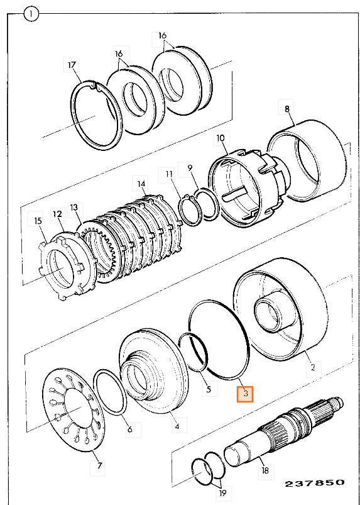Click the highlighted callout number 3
tap(245, 394)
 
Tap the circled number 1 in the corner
tap(31, 14)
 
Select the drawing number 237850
tap(314, 482)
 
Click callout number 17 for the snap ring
tap(72, 65)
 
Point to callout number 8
tap(286, 109)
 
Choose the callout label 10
tap(221, 138)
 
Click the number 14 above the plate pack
tap(141, 184)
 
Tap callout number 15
tap(38, 221)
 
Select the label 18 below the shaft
tap(265, 470)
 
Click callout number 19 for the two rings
tap(222, 492)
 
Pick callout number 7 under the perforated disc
tap(99, 465)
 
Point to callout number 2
tap(314, 367)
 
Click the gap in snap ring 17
tap(95, 86)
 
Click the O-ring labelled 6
tap(110, 394)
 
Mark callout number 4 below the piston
tap(177, 428)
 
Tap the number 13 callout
tap(74, 208)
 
